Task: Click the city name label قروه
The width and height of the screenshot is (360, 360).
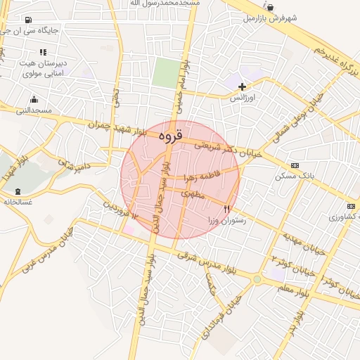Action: point(170,134)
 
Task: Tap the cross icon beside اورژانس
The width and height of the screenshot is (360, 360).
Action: point(243,86)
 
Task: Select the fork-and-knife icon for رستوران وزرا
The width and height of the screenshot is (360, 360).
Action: point(226,209)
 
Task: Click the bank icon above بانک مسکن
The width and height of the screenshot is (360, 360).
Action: point(295,165)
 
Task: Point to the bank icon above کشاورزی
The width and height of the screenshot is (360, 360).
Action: point(351,206)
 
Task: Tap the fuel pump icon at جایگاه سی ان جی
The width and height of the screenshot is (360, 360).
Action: point(28,20)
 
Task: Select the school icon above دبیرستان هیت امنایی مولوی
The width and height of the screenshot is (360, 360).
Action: point(44,52)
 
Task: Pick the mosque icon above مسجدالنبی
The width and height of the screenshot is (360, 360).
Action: point(34,99)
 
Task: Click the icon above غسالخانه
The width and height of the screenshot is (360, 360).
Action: point(18,191)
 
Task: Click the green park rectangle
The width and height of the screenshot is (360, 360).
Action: point(167,72)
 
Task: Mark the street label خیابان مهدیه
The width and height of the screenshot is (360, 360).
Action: point(300,243)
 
